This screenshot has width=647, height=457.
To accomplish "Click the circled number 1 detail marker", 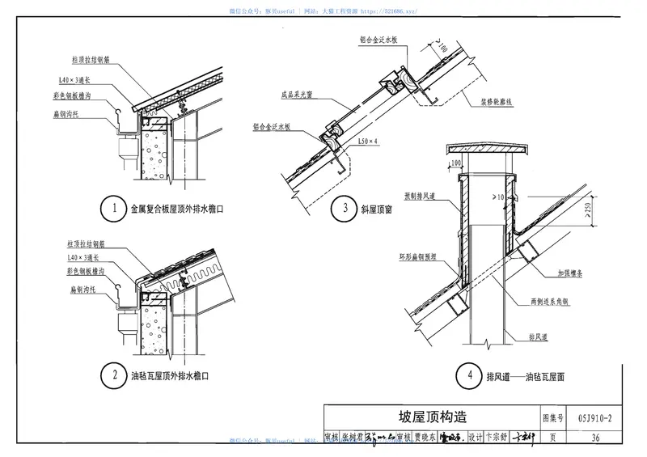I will click(115, 209).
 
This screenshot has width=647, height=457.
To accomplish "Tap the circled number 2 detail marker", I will click(115, 375).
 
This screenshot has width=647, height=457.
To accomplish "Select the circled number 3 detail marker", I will click(345, 209).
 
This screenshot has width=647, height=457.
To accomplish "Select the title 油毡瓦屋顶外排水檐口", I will click(171, 376).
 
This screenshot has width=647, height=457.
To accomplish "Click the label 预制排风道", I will click(421, 196).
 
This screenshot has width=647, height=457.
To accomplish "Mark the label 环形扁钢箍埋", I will click(417, 256).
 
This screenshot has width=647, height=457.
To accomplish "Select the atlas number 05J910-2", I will click(594, 418).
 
